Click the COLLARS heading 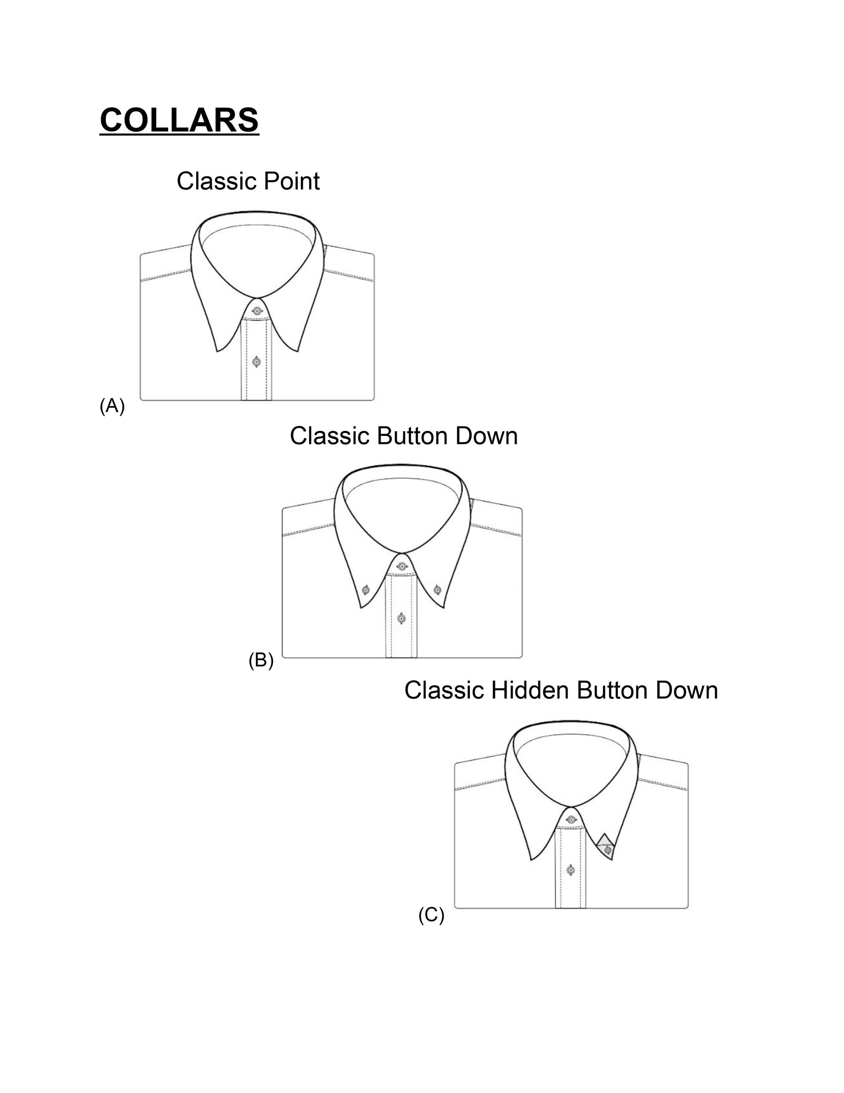click(x=179, y=120)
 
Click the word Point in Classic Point click(x=291, y=181)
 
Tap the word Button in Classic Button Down click(x=412, y=436)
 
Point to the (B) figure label click(x=261, y=660)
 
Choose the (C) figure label click(x=431, y=915)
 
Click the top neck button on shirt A click(x=256, y=311)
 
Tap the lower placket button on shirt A click(x=256, y=362)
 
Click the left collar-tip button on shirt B click(x=366, y=590)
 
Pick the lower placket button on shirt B click(x=401, y=619)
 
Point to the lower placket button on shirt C click(x=571, y=870)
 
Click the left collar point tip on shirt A click(x=217, y=351)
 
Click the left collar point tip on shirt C click(x=531, y=860)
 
